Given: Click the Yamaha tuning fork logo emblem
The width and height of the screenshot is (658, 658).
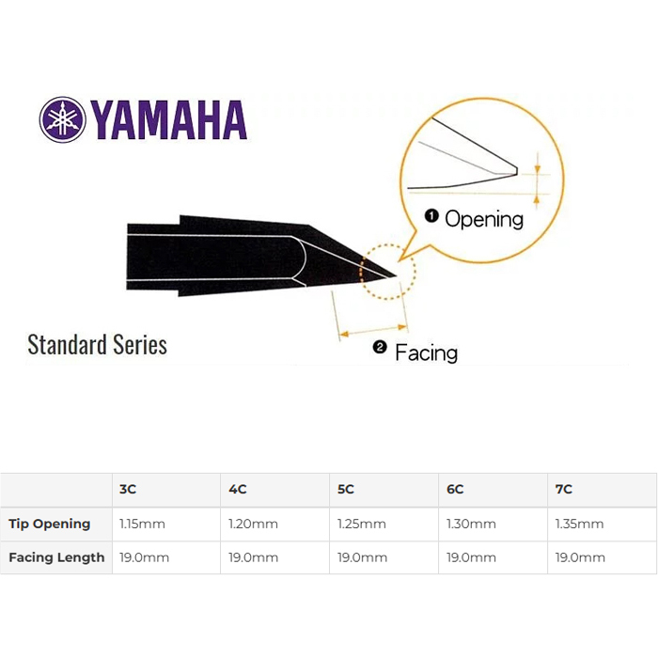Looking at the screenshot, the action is [63, 119].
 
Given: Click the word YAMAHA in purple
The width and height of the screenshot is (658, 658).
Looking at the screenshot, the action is [168, 120].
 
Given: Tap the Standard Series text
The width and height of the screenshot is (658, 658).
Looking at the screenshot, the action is [98, 345].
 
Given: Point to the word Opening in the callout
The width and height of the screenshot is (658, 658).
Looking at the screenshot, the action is [484, 219].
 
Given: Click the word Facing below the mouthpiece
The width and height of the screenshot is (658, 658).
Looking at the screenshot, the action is [426, 352].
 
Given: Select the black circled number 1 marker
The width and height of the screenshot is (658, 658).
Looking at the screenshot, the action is [431, 216].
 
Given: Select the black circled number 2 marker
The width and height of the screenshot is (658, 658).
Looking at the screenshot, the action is [380, 348].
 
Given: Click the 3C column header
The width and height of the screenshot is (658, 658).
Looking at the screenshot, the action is [128, 490].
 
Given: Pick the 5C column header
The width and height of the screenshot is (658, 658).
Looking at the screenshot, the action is [346, 490].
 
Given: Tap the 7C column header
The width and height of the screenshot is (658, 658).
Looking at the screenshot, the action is [564, 490].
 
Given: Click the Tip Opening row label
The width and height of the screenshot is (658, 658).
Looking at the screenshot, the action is [50, 524].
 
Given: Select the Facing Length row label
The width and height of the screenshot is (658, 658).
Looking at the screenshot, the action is [56, 557].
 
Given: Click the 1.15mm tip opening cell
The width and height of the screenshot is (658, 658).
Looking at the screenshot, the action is [142, 524].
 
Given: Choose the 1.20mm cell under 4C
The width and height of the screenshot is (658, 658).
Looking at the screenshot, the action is [253, 524].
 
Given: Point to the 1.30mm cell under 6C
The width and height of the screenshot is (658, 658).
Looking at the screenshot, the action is [471, 524].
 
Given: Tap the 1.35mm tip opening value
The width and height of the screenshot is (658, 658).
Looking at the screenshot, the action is [580, 524].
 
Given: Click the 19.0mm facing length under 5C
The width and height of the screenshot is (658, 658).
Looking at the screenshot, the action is [363, 557].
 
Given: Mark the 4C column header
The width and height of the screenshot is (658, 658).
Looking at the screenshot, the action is [238, 490].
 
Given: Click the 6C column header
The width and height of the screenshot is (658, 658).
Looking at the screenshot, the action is [455, 490].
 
